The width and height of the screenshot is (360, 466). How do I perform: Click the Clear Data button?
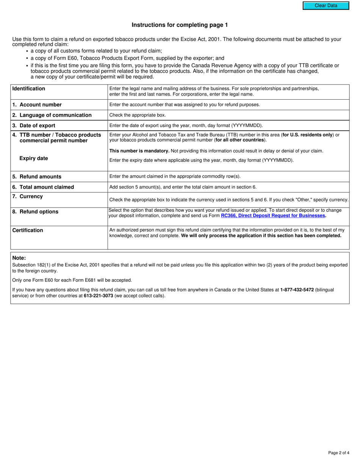[x=326, y=6]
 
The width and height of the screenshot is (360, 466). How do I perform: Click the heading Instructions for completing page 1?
[x=180, y=25]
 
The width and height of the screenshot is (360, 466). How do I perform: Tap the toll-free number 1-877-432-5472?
[x=297, y=289]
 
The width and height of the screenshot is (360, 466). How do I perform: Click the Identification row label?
[x=28, y=89]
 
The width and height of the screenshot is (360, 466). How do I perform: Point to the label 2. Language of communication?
[x=52, y=115]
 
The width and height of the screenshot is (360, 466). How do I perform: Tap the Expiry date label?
[x=34, y=158]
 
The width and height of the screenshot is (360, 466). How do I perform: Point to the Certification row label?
[x=28, y=230]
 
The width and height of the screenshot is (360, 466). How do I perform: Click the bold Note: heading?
[x=19, y=258]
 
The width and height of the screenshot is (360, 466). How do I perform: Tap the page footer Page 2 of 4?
[x=338, y=453]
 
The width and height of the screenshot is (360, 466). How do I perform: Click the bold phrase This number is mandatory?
[x=139, y=151]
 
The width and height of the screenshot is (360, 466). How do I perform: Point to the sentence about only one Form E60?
[x=72, y=280]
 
